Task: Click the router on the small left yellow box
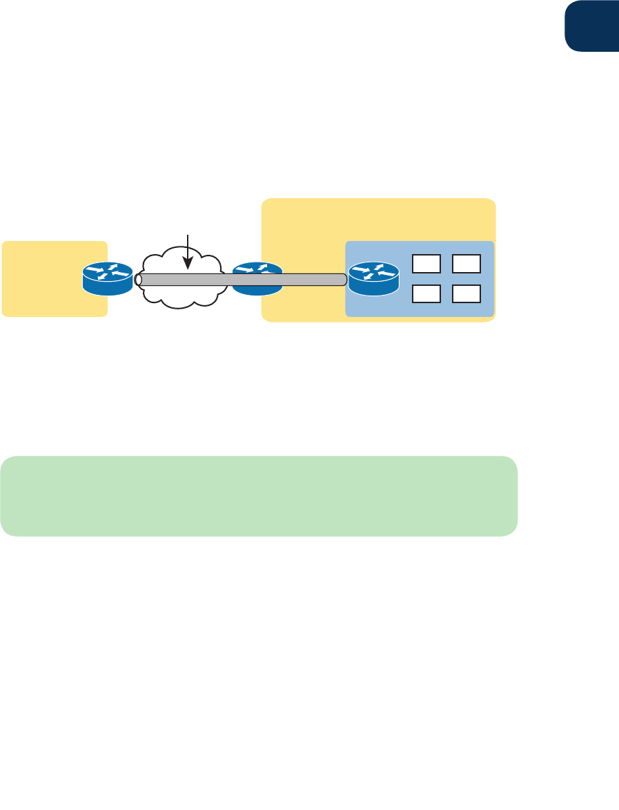107,278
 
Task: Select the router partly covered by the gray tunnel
257,278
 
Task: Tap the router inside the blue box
373,278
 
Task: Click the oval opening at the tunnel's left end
139,280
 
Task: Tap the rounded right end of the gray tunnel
343,280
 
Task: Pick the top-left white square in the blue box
426,263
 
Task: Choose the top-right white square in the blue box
466,263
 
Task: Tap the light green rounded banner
259,496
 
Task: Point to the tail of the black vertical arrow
186,235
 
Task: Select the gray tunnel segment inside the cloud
183,280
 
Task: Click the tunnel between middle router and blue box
311,280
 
